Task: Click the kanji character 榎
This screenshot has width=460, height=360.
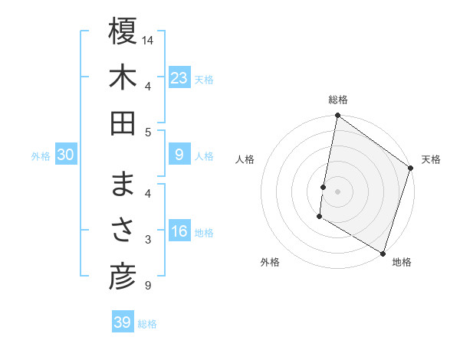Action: click(123, 33)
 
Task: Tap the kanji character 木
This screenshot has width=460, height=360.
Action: click(123, 78)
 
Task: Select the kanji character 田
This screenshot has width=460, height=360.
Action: click(123, 123)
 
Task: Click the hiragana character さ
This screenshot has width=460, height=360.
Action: click(123, 231)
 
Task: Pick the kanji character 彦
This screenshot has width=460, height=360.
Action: click(123, 277)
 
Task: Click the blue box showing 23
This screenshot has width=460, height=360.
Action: click(179, 77)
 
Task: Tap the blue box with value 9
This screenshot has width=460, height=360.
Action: click(179, 155)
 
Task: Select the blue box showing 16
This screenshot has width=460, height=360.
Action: click(179, 232)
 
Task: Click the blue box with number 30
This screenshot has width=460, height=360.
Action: click(66, 155)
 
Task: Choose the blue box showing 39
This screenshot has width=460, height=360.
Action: click(122, 322)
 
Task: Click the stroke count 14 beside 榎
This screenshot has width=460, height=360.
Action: click(148, 40)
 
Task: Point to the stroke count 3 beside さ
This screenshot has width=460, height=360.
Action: click(148, 241)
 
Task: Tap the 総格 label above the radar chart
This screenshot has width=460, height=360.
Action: click(337, 100)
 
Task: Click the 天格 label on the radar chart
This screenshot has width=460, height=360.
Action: click(431, 159)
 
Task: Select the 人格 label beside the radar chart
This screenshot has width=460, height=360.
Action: click(245, 159)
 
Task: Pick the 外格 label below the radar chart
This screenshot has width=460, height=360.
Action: click(270, 262)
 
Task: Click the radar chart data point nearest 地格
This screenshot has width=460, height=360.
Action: click(383, 252)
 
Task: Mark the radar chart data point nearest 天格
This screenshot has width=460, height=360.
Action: click(411, 169)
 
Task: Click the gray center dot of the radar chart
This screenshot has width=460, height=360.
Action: click(337, 191)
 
